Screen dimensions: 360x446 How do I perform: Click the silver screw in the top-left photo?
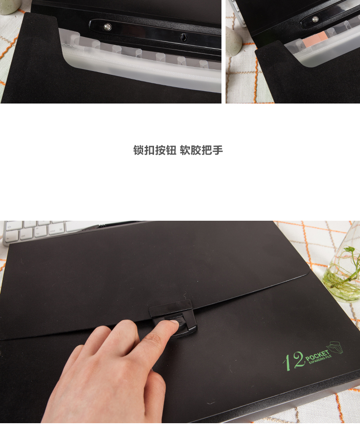(108, 27)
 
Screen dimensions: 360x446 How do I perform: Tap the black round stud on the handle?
(183, 37)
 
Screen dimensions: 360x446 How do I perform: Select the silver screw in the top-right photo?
(315, 19)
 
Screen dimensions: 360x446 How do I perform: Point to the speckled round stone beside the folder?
(234, 40)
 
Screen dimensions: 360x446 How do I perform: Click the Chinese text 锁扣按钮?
(155, 150)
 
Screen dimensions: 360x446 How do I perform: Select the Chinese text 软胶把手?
(201, 150)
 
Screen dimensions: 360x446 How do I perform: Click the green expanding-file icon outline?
(335, 347)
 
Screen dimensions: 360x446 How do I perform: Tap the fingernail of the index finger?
(173, 322)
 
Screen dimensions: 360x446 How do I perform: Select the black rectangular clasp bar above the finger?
(171, 308)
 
